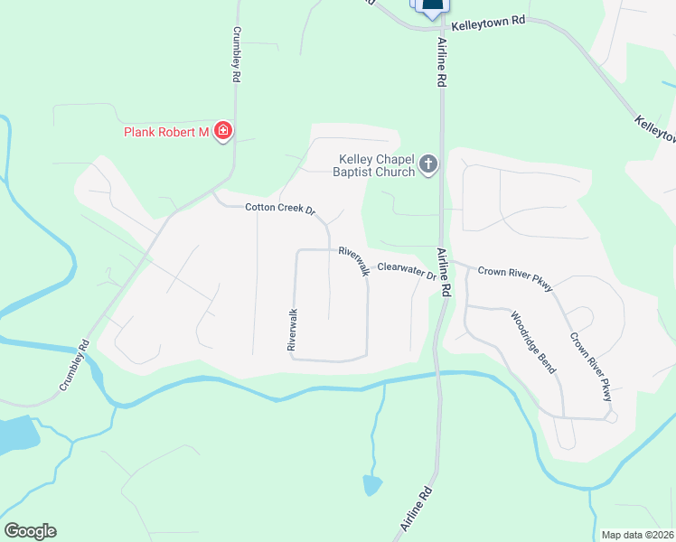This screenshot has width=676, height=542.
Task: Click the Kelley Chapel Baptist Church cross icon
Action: click(x=428, y=164)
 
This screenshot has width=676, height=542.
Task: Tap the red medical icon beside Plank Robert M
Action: click(x=222, y=132)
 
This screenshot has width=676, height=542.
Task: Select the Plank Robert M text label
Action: click(x=166, y=133)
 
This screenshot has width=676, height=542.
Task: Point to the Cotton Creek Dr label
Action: click(x=280, y=209)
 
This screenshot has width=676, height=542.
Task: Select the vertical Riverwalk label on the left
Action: click(x=292, y=330)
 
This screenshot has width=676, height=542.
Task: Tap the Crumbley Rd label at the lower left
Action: click(x=76, y=365)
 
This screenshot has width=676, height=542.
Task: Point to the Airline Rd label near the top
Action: click(x=443, y=62)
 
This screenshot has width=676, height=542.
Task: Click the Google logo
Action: click(x=30, y=531)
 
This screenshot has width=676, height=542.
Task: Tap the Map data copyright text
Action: click(x=638, y=534)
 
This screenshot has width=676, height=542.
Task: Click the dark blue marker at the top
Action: click(x=433, y=5)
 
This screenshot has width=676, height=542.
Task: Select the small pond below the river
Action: click(x=371, y=485)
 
